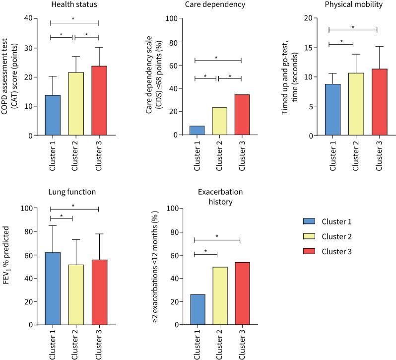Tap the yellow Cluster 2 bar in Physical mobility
point(356,104)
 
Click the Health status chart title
point(75,5)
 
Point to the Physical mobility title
point(353,5)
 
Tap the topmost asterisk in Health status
point(74,19)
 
